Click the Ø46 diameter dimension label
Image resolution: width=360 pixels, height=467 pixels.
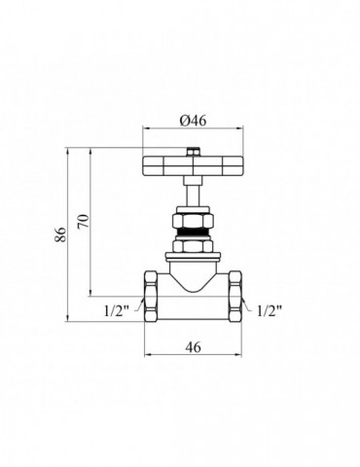click(x=193, y=121)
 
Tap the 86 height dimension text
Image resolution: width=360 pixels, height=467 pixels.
click(x=61, y=234)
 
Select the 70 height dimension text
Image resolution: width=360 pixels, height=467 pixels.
click(x=84, y=222)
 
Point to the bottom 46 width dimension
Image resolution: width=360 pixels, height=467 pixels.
click(x=194, y=347)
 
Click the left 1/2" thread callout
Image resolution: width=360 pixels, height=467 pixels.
click(x=117, y=311)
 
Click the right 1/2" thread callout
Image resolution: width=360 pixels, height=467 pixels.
click(x=270, y=311)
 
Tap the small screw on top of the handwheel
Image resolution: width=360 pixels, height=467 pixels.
click(x=194, y=152)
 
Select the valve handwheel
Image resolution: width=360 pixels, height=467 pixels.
click(x=194, y=166)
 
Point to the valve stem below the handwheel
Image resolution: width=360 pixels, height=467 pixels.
click(x=193, y=192)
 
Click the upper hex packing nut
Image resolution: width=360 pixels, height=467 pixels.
click(x=193, y=221)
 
